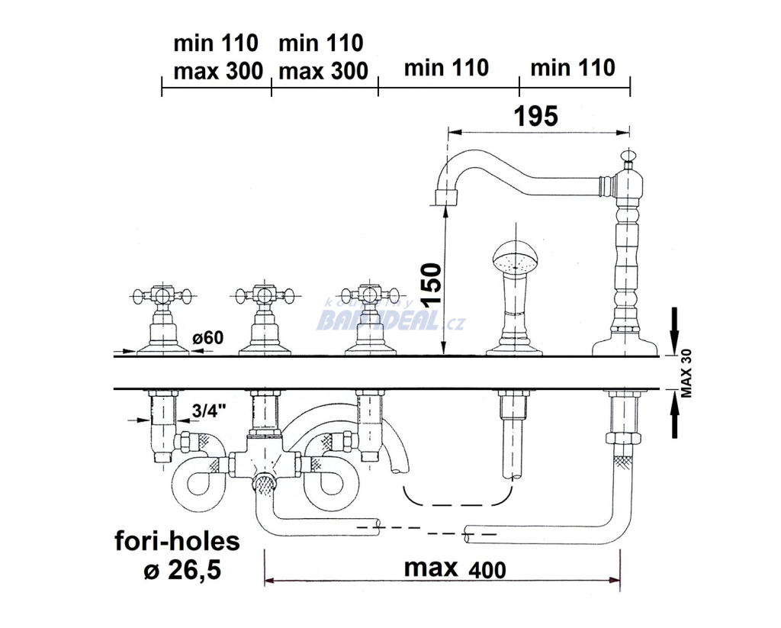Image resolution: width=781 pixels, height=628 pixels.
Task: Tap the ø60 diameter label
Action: click(208, 337)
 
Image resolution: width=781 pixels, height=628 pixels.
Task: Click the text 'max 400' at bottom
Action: click(455, 568)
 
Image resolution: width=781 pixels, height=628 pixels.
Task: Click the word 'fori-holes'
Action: click(177, 542)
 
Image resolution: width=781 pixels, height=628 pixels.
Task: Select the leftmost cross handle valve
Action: click(160, 295)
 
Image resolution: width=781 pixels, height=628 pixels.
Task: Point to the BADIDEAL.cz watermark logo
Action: click(390, 320)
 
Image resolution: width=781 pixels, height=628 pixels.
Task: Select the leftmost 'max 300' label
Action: click(218, 71)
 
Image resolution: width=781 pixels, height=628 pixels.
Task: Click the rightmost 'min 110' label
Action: click(573, 68)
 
